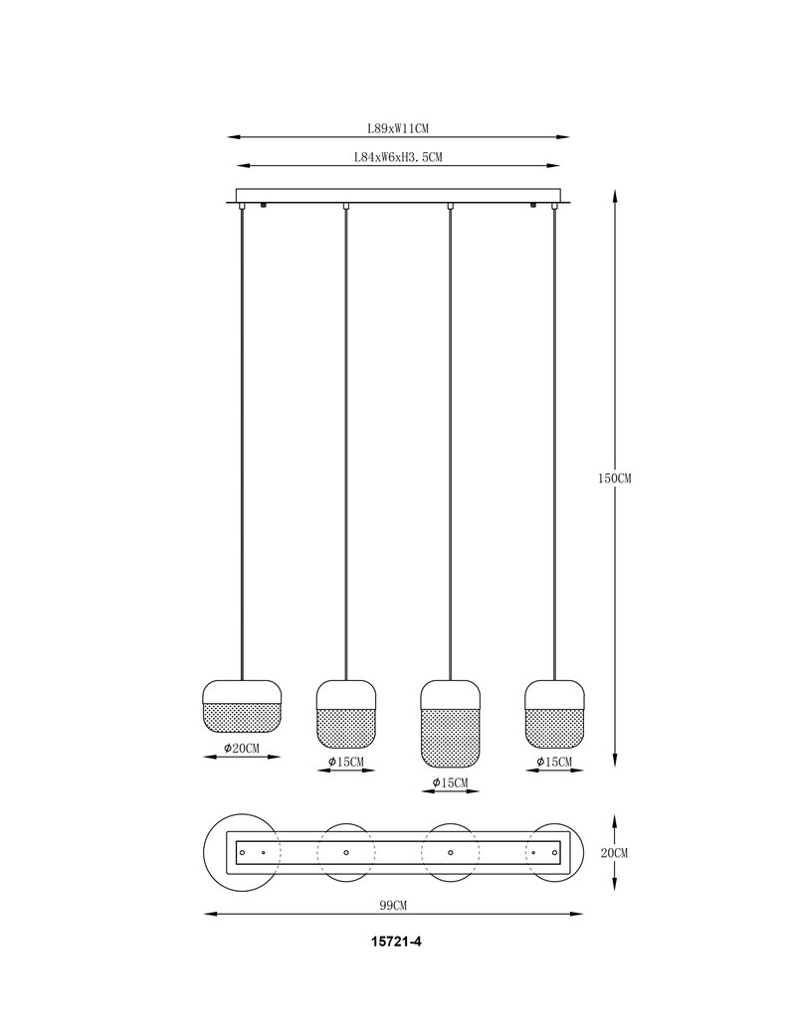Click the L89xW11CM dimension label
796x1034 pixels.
point(398,128)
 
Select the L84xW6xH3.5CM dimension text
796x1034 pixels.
point(398,158)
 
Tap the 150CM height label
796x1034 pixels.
point(614,479)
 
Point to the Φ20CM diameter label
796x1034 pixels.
point(242,749)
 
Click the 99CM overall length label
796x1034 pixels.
point(393,906)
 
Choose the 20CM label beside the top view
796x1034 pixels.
point(614,853)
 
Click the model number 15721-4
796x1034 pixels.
point(397,941)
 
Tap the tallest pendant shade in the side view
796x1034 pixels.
point(450,724)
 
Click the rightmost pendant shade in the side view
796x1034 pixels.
point(554,714)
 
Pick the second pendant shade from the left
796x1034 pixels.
point(346,714)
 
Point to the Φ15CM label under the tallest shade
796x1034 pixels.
point(450,782)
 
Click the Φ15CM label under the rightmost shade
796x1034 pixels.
point(554,763)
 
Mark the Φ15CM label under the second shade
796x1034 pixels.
point(346,763)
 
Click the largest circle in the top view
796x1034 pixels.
point(204,853)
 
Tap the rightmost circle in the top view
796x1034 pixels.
point(584,853)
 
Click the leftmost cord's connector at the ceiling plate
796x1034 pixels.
point(242,207)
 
